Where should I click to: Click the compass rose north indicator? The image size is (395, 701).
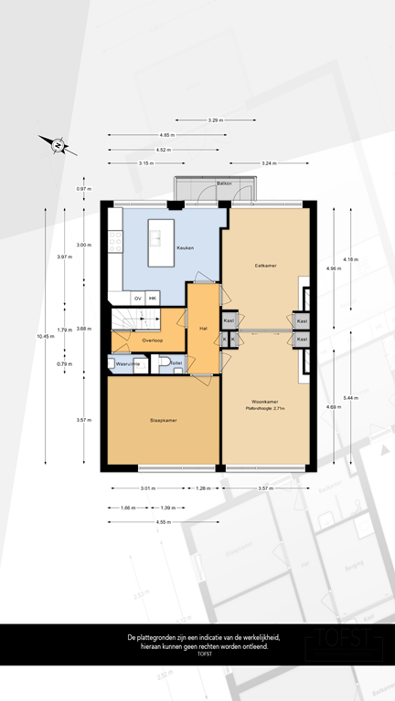coord(57,143)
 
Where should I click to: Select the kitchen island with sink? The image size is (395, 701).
coord(155,236)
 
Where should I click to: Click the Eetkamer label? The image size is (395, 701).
coord(266,265)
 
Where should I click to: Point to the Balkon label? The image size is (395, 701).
coord(224,183)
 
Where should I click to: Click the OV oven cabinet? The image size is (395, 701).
coord(138,298)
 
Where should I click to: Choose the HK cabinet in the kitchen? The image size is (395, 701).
coord(153,298)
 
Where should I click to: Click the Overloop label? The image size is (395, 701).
coord(152,340)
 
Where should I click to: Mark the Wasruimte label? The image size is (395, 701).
coord(127,363)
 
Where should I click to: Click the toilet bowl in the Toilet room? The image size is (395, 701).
coord(163,363)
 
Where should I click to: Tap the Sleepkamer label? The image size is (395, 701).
coord(163,421)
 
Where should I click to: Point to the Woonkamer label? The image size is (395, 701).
coord(266,402)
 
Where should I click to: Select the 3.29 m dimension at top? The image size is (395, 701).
coord(216,120)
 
